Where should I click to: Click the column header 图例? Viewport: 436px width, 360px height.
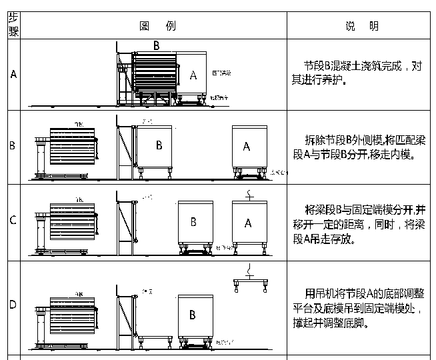(x=157, y=26)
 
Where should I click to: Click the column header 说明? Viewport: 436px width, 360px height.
(x=362, y=26)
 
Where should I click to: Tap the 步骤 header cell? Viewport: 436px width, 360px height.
(x=13, y=26)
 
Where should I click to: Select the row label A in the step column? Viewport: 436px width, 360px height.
(x=13, y=74)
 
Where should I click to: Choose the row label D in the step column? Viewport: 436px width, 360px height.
(x=13, y=306)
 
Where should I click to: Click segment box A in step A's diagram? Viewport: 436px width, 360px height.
(x=194, y=75)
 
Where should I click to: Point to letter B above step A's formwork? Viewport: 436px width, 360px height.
(x=156, y=46)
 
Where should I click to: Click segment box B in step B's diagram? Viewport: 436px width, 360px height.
(x=159, y=145)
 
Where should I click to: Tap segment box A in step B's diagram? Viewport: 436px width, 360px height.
(x=247, y=147)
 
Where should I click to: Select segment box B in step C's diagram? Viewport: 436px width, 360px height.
(x=193, y=223)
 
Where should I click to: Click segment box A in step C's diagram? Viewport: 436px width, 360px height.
(x=247, y=223)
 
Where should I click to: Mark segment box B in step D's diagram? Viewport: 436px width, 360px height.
(x=193, y=314)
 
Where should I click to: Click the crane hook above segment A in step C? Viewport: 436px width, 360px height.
(x=247, y=195)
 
